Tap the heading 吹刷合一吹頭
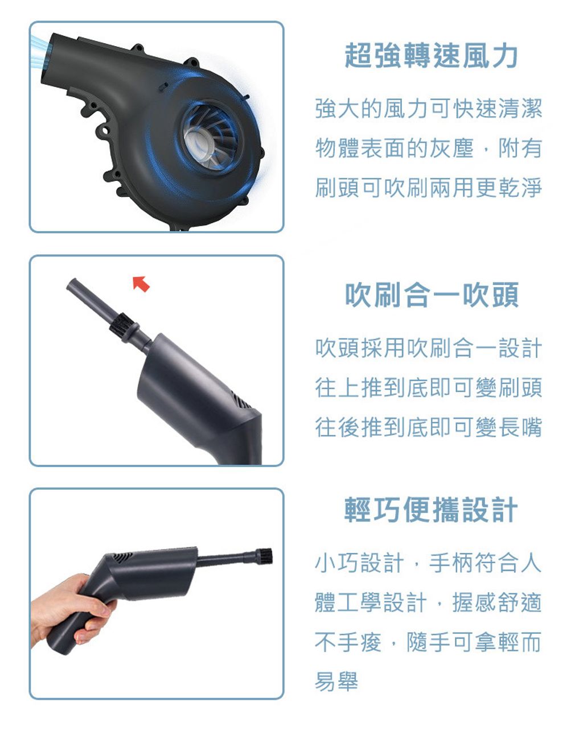tap(432, 295)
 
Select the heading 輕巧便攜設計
tap(431, 509)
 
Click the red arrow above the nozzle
tap(141, 284)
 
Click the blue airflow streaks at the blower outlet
tap(39, 51)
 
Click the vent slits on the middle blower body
tap(242, 402)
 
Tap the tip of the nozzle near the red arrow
tap(71, 283)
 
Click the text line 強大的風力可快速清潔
tap(428, 109)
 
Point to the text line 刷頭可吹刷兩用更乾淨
tap(428, 188)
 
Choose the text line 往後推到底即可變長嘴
tap(428, 427)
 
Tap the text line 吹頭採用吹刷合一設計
tap(428, 348)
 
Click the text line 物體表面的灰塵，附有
tap(428, 148)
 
